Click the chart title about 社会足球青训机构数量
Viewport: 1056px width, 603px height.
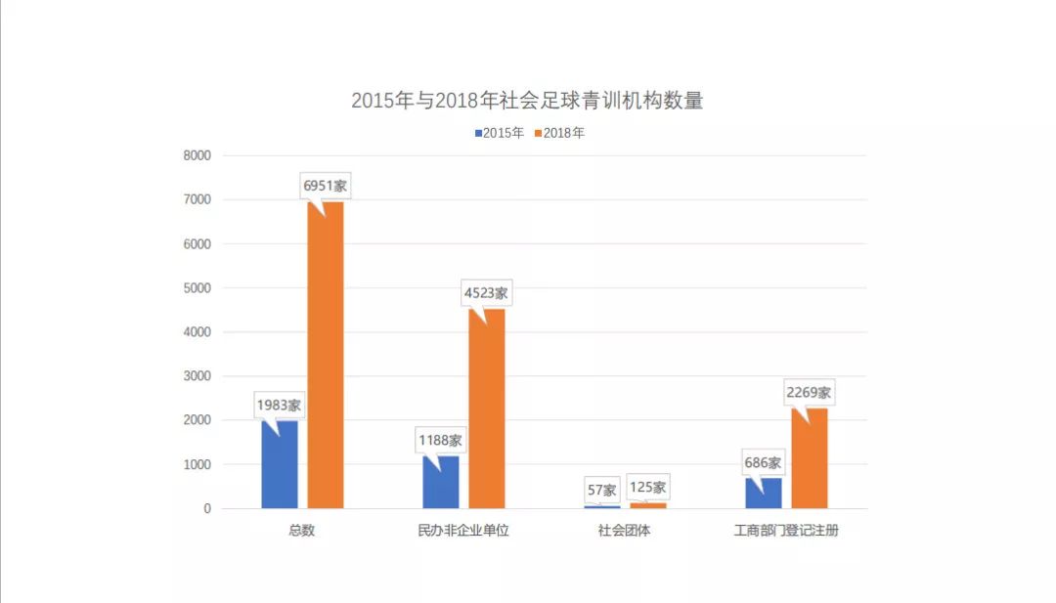click(527, 101)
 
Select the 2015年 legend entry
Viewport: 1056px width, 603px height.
click(500, 133)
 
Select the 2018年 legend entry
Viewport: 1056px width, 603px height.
click(560, 133)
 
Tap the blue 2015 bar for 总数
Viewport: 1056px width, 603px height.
click(280, 465)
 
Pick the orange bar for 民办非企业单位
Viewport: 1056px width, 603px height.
click(487, 409)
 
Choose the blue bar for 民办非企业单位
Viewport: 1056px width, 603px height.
click(441, 483)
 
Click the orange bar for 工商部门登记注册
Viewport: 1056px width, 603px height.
click(810, 458)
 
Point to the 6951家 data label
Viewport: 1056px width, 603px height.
click(325, 185)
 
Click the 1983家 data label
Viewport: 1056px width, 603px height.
click(279, 404)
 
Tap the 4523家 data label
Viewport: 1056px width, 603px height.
click(486, 292)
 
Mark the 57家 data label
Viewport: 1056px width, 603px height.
click(602, 489)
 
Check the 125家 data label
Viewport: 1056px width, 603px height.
click(647, 486)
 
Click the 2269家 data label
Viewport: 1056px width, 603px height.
click(809, 392)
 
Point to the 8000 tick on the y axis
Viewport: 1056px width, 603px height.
click(197, 155)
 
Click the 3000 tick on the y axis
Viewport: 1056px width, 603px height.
click(197, 376)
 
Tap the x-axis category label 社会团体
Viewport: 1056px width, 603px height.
click(625, 532)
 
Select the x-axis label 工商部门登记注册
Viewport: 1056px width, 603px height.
click(786, 532)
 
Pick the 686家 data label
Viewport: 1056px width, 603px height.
click(763, 462)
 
